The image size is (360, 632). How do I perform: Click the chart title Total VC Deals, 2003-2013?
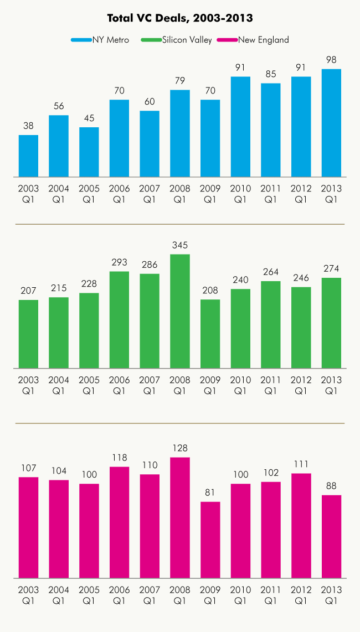point(180,18)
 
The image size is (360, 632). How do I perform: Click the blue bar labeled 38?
point(28,156)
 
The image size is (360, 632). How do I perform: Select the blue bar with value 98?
point(331,123)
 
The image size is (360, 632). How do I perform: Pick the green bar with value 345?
point(180,311)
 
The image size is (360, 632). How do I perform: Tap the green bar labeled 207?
point(28,334)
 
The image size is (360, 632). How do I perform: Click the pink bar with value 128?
point(180,517)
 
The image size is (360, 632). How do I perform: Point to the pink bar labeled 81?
point(210,540)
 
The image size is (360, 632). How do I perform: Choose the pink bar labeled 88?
point(331,536)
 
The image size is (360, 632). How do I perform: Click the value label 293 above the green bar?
point(119,262)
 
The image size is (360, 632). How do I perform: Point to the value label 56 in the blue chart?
point(59,106)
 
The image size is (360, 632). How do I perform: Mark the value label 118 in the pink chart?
point(119,458)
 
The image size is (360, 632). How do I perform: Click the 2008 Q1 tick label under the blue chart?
point(180,194)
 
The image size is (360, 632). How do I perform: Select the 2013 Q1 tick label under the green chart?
point(331,385)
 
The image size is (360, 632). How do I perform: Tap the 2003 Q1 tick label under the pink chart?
point(28,595)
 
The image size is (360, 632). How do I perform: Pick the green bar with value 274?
point(331,323)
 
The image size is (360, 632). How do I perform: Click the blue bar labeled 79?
point(180,133)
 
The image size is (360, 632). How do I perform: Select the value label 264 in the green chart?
point(271,272)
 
